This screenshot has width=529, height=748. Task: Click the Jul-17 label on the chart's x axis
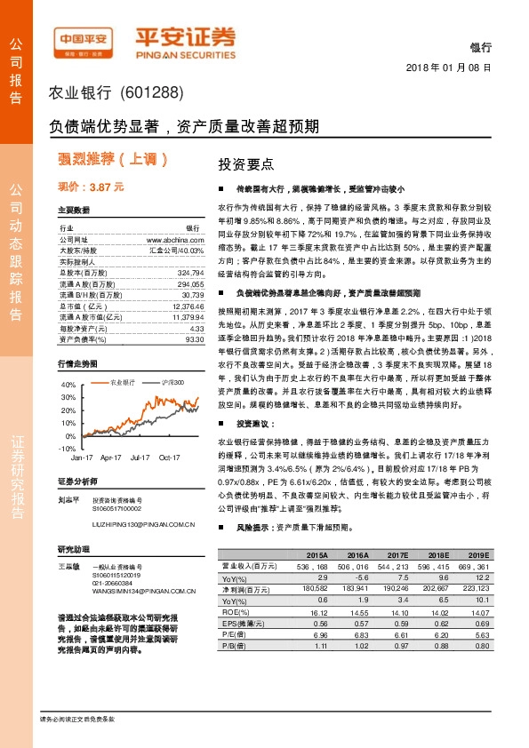pos(140,458)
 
